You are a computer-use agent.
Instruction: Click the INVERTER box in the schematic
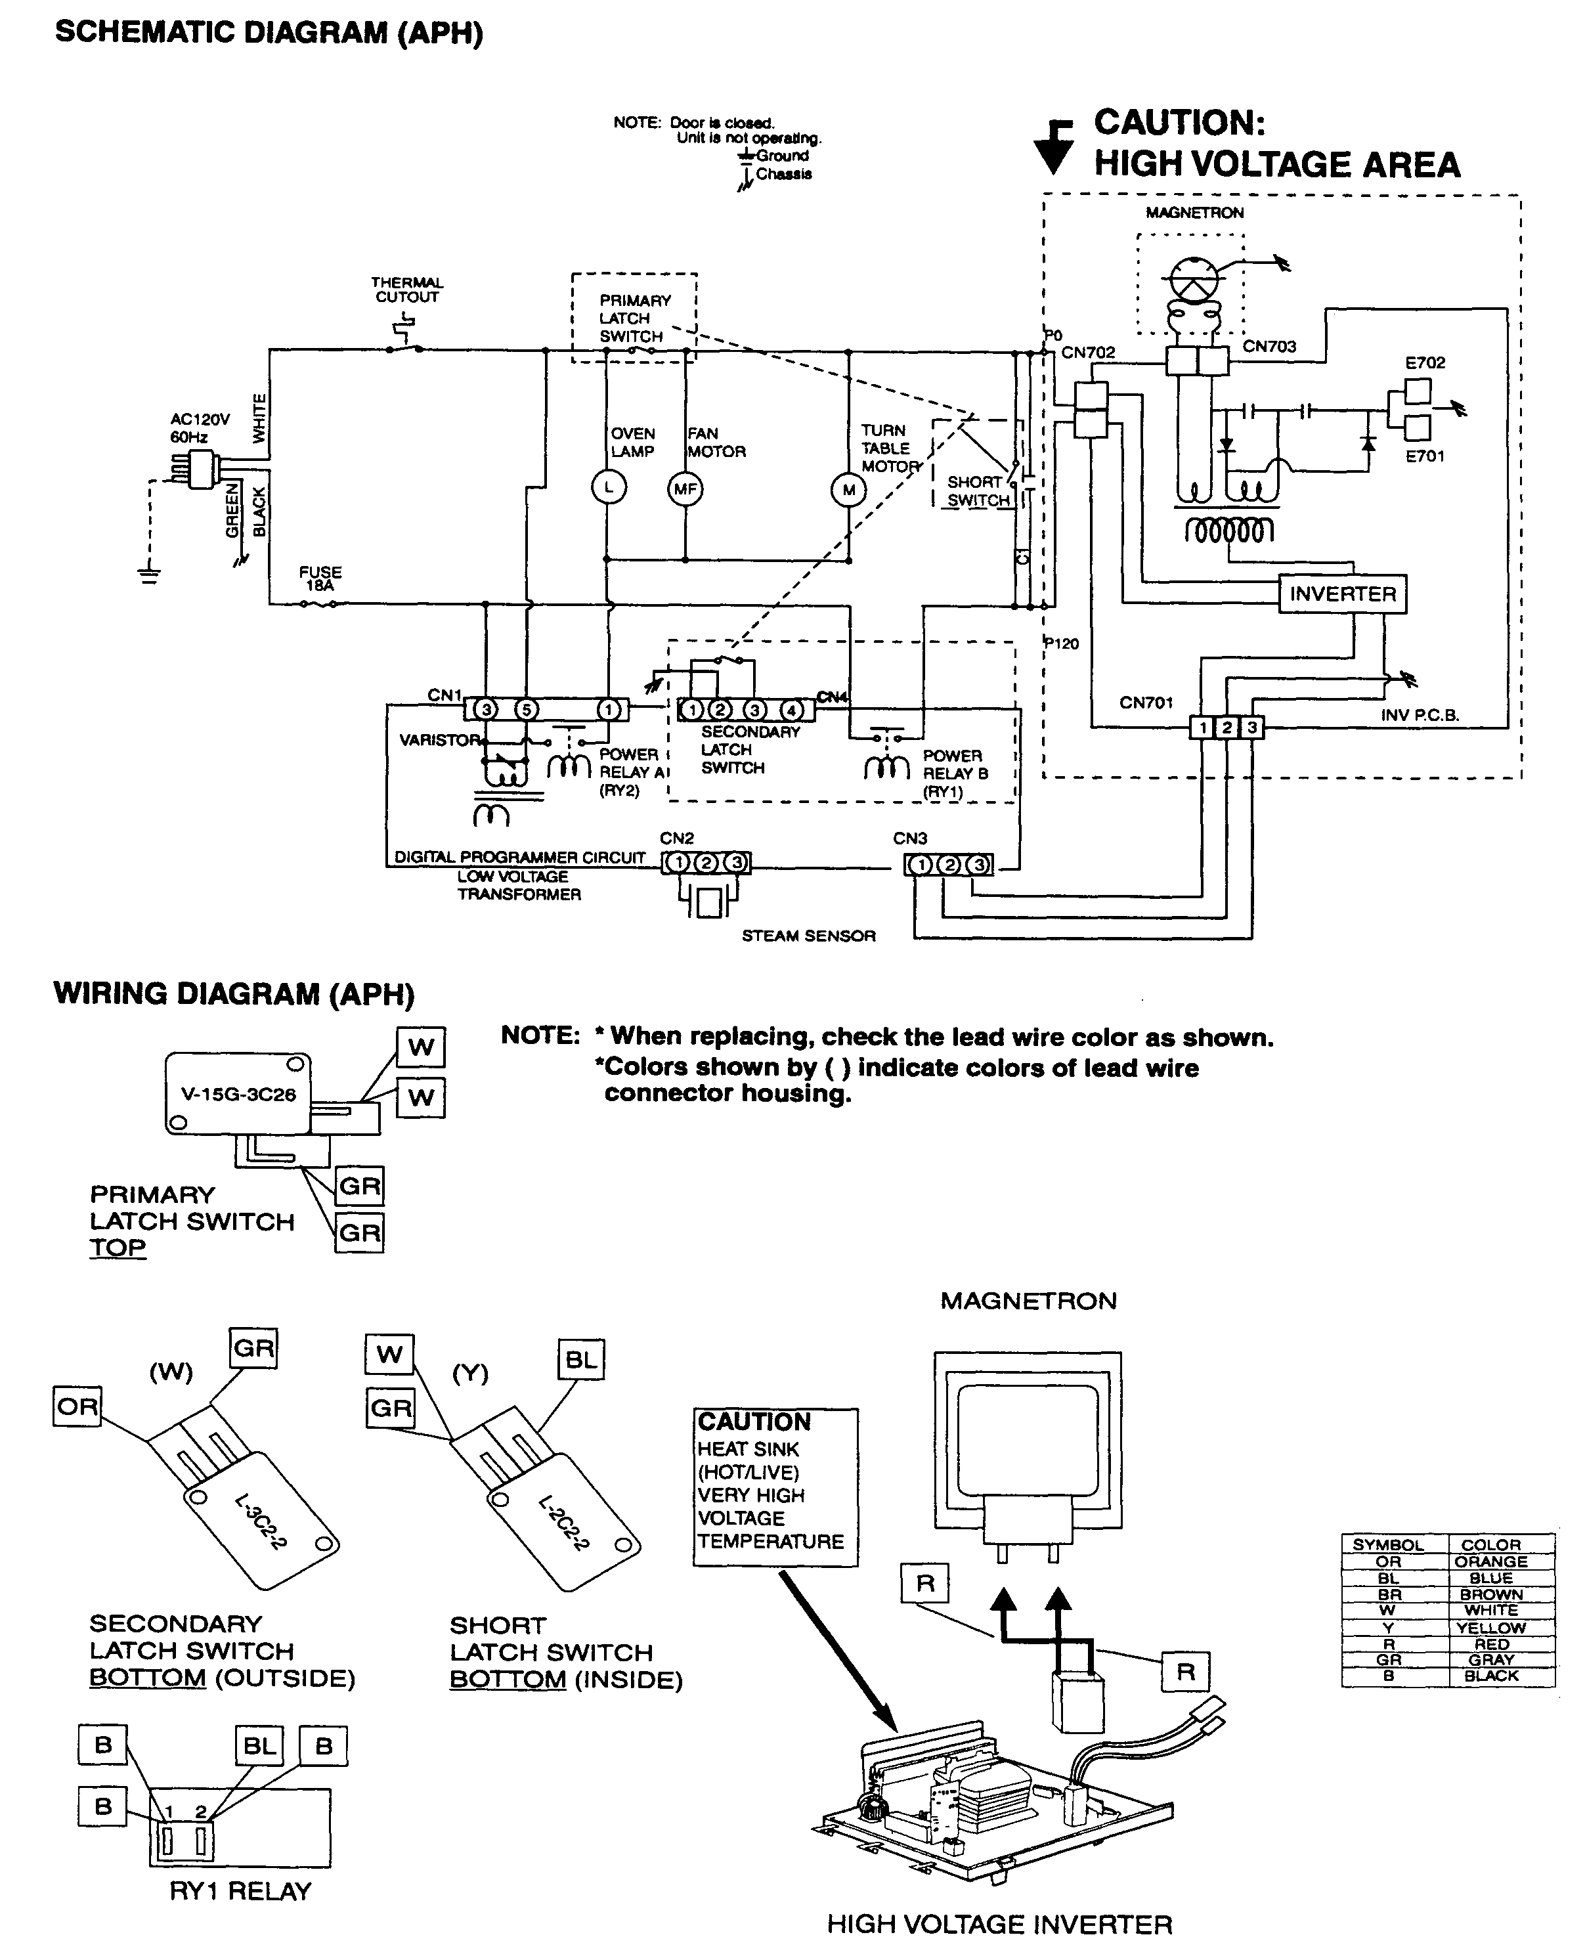tap(1342, 594)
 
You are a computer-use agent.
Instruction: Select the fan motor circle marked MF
tap(685, 489)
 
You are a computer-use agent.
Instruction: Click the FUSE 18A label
tap(320, 578)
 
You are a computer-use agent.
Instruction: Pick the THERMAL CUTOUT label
tap(406, 290)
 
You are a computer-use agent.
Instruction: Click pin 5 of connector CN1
tap(526, 709)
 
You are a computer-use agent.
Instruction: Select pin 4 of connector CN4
tap(792, 709)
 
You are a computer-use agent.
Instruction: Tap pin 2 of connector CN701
tap(1227, 727)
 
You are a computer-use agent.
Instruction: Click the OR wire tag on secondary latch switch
tap(77, 1406)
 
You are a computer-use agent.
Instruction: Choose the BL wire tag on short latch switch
tap(580, 1359)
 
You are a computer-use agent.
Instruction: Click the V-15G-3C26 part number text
tap(238, 1094)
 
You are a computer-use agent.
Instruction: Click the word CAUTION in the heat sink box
tap(754, 1422)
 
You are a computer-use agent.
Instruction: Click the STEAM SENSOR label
tap(808, 936)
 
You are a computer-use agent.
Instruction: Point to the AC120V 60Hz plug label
tap(200, 428)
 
